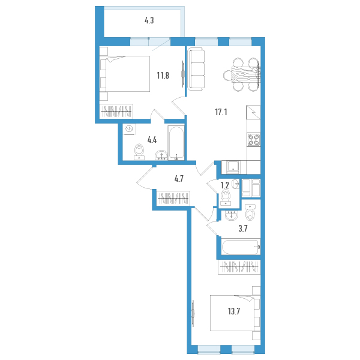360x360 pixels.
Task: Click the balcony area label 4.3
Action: pos(149,20)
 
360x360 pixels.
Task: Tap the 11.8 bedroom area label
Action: pos(163,76)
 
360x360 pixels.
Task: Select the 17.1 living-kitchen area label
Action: pos(221,112)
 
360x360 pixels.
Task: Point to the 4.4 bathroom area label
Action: pos(152,140)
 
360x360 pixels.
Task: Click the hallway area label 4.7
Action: pos(179,179)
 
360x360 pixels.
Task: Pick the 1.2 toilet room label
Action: pos(225,185)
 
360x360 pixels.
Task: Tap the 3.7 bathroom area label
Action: pos(243,229)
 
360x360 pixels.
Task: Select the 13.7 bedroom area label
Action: pos(234,311)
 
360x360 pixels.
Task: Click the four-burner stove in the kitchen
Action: pos(253,140)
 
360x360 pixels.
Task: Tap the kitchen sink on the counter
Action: pos(233,167)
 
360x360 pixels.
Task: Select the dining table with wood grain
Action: pos(246,74)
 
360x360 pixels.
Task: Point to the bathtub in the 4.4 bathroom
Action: pos(176,143)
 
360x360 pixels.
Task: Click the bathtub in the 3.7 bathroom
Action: pos(241,247)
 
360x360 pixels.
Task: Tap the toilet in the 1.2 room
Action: pos(226,197)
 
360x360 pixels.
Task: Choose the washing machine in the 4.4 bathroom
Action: pos(130,129)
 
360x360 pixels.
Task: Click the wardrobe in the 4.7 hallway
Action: pos(173,198)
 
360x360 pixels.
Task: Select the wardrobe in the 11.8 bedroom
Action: pos(116,112)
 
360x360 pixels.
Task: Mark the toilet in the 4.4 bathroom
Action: pos(139,152)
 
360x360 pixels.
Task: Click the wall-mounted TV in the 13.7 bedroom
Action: pos(193,313)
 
